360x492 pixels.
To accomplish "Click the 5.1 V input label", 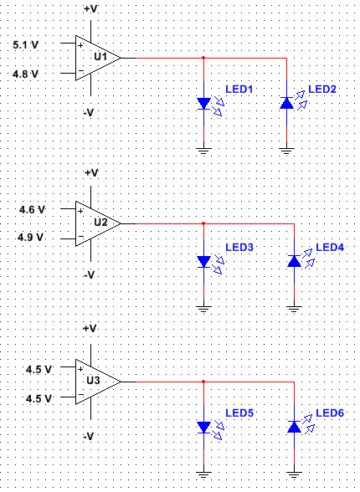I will tap(27, 44).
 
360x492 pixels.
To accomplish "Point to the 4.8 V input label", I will tap(27, 74).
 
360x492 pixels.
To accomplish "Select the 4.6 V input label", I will tap(32, 209).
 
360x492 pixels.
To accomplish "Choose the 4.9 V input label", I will tap(32, 238).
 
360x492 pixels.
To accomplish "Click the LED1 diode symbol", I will tap(204, 103).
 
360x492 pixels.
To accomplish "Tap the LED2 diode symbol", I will tap(287, 103).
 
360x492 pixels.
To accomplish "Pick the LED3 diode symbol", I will tap(204, 262).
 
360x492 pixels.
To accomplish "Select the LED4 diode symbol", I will tap(293, 262).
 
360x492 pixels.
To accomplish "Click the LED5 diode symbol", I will tap(204, 427).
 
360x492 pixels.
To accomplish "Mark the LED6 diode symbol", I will tap(293, 427).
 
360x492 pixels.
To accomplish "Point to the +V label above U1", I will tap(91, 8).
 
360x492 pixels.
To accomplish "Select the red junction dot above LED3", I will tap(204, 223).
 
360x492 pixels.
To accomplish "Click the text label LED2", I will tap(322, 89).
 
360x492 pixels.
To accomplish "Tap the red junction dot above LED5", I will tap(204, 382).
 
